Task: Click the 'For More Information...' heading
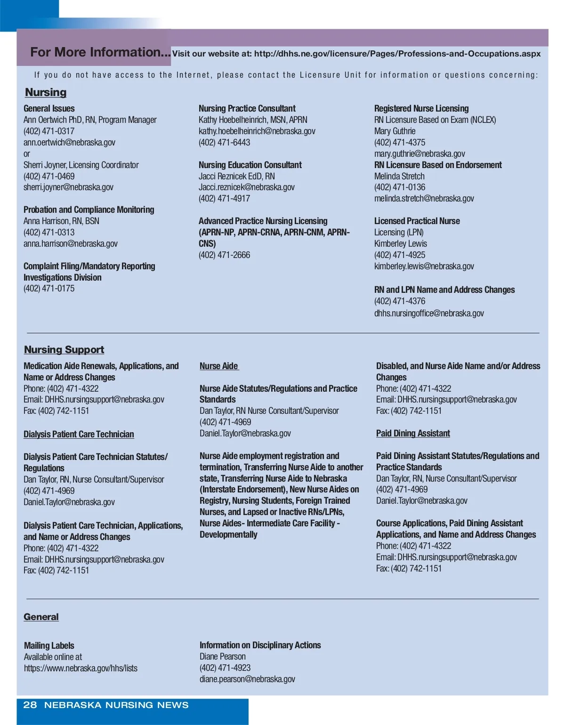pos(100,52)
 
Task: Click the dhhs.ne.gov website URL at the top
pos(397,54)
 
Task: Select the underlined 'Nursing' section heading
pos(46,92)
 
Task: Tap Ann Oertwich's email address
pos(69,142)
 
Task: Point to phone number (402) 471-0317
pos(49,131)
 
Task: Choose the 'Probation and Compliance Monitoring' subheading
pos(89,209)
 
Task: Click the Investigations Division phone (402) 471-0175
pos(49,289)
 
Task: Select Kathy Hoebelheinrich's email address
pos(257,131)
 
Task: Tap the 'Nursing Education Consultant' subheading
pos(250,165)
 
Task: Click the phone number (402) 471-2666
pos(224,255)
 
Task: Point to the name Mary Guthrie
pos(395,131)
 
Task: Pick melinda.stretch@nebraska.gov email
pos(424,198)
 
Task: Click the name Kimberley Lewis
pos(400,243)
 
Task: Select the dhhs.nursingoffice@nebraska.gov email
pos(429,313)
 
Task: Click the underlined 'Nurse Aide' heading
pos(219,366)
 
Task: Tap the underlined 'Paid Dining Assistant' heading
pos(413,433)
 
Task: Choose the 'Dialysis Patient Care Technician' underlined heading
pos(79,434)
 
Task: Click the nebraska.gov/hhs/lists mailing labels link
pos(81,668)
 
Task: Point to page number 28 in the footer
pos(30,705)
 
